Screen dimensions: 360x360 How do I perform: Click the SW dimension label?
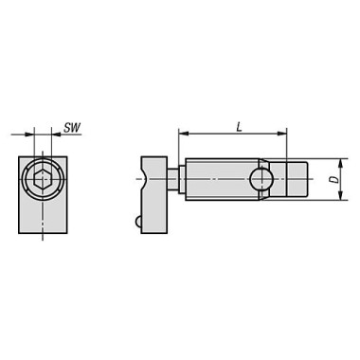pyautogui.click(x=72, y=128)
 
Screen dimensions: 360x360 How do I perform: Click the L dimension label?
pyautogui.click(x=240, y=127)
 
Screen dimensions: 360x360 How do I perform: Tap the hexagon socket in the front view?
pyautogui.click(x=42, y=180)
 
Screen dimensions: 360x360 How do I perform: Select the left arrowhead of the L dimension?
pyautogui.click(x=183, y=134)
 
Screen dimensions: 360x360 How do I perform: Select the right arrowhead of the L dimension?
pyautogui.click(x=281, y=134)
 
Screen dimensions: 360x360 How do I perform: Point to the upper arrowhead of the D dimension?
pyautogui.click(x=340, y=163)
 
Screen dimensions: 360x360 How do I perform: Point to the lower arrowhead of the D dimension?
pyautogui.click(x=340, y=195)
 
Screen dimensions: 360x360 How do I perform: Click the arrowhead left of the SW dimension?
pyautogui.click(x=28, y=135)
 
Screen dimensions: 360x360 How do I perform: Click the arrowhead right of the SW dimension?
pyautogui.click(x=56, y=135)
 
